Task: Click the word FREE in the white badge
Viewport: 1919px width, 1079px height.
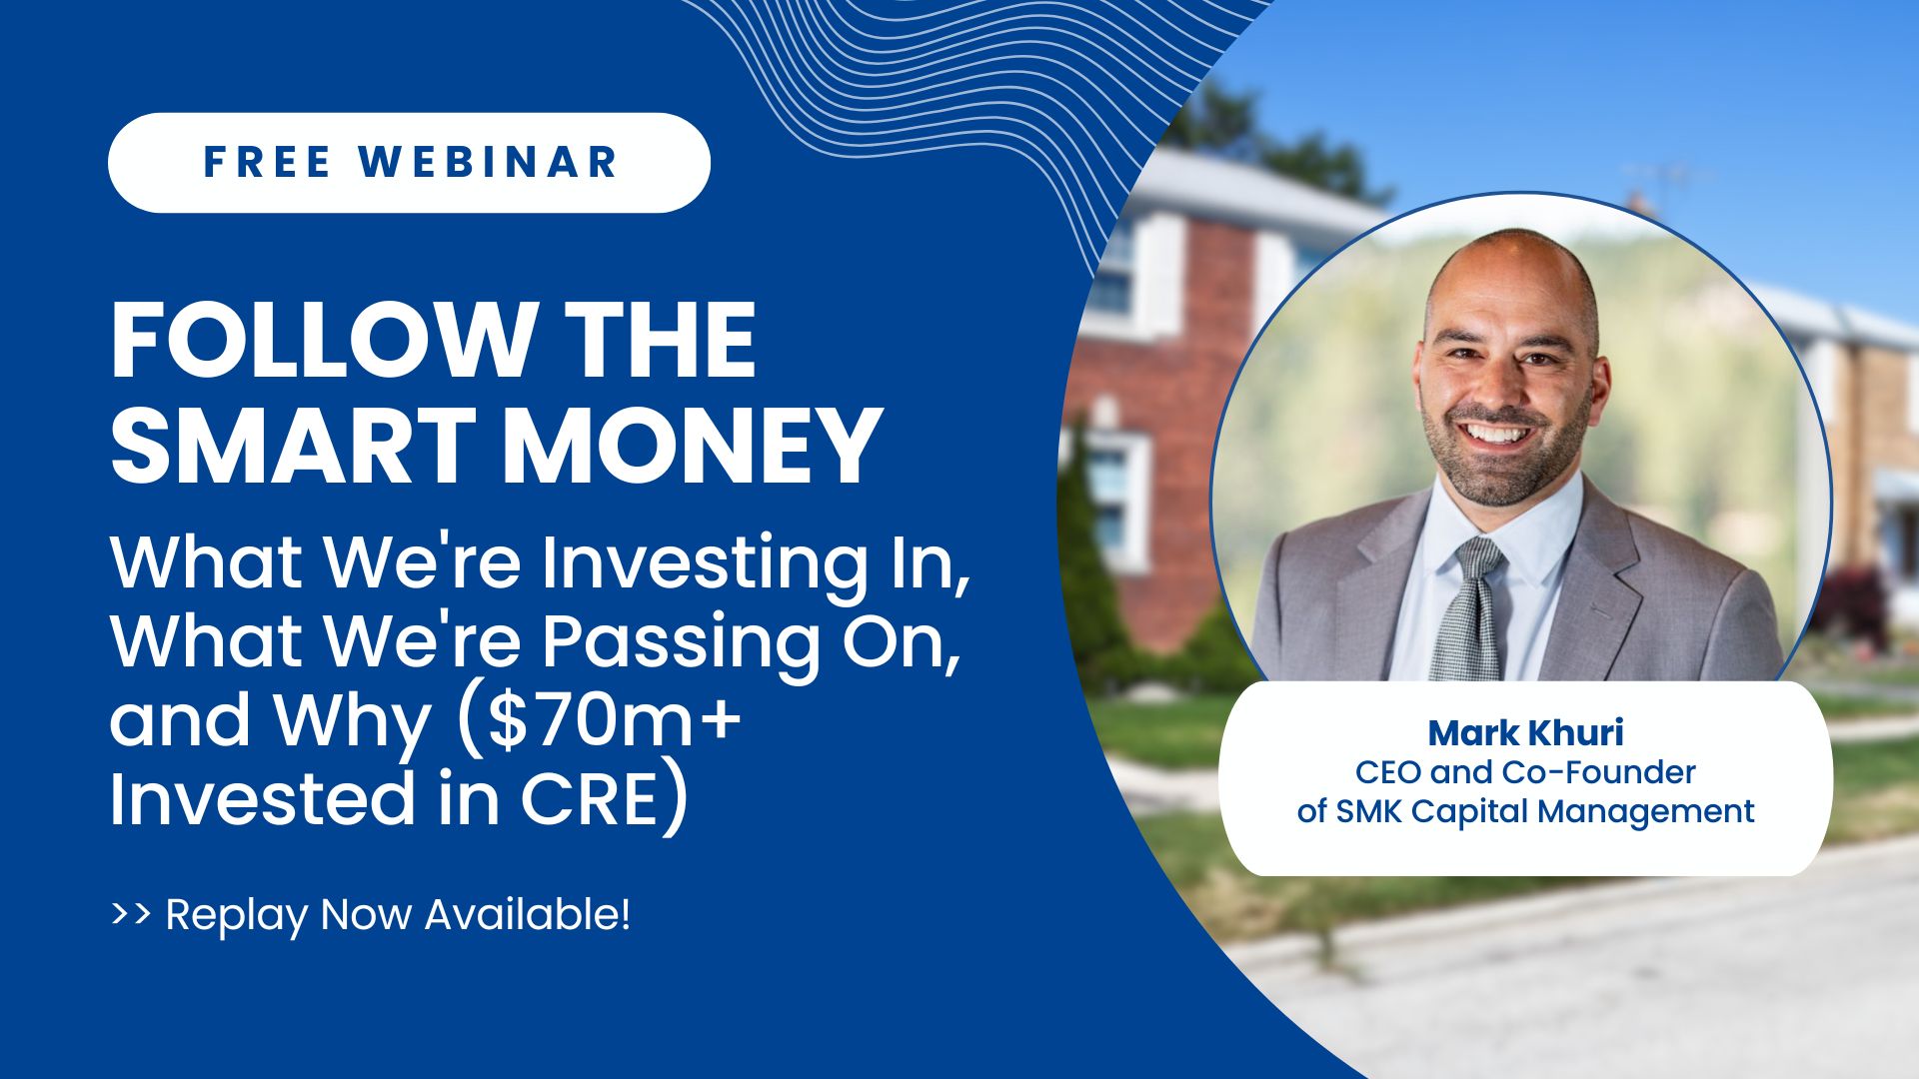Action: pos(267,162)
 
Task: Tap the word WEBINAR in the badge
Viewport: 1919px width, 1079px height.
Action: pos(489,162)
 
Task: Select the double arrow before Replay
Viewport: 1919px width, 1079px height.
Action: pos(131,913)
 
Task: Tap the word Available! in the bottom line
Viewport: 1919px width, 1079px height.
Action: pos(528,914)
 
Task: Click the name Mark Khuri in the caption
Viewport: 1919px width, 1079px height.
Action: pos(1525,733)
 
